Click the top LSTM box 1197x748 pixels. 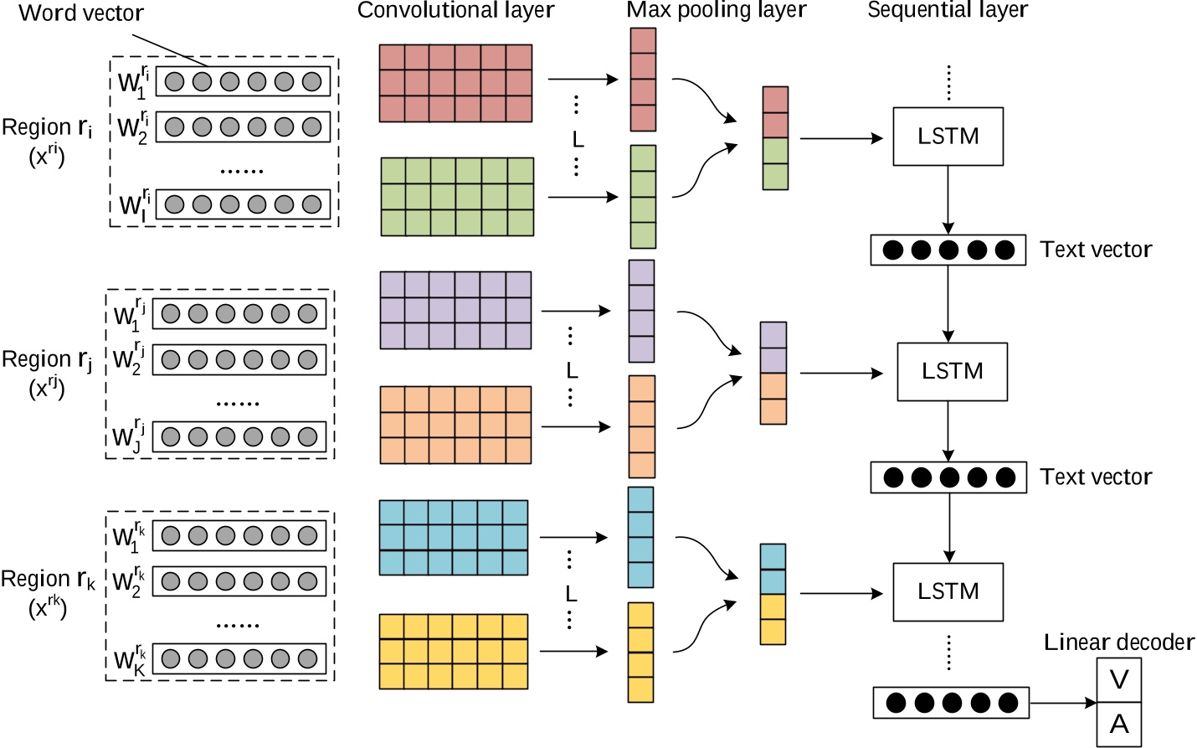(x=948, y=136)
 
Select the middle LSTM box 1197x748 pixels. (x=952, y=371)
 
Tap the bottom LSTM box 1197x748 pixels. (x=948, y=591)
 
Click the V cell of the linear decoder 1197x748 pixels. (x=1119, y=680)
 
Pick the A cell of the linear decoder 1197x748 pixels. (x=1119, y=725)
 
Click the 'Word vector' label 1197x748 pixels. (x=81, y=13)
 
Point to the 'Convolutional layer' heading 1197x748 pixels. (x=455, y=11)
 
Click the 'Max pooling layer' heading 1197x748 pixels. (x=716, y=11)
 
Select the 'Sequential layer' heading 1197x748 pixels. (x=947, y=11)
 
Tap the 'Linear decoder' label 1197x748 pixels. (x=1118, y=642)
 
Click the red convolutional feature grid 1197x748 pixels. (x=455, y=83)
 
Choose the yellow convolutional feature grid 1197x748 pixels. (x=453, y=651)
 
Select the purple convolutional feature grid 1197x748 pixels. (x=455, y=310)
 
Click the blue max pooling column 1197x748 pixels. (x=640, y=537)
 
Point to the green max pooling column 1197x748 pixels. (x=643, y=197)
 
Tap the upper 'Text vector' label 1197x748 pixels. (x=1096, y=250)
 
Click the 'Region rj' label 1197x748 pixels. (x=47, y=360)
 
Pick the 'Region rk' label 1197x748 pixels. (x=48, y=580)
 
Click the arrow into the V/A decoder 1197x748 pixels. (x=1063, y=703)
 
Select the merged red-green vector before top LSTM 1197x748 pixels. (x=775, y=138)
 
